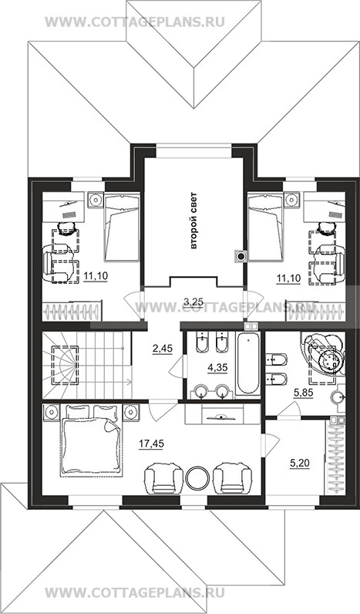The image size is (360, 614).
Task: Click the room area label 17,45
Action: point(151,444)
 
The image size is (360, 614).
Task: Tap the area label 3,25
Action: point(193,301)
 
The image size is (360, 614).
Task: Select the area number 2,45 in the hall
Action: point(163,348)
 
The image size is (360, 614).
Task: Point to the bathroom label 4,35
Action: point(217,367)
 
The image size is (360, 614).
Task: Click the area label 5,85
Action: point(304,393)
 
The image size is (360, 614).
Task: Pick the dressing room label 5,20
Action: point(300,464)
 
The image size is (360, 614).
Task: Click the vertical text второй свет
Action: point(194,221)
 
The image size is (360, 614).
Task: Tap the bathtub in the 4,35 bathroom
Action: point(247,363)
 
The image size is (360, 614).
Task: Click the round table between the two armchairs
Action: point(197,477)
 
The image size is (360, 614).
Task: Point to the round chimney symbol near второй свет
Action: point(241,257)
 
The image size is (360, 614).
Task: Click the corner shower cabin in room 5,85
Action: point(323,353)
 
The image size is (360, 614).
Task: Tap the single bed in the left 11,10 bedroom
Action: point(122,227)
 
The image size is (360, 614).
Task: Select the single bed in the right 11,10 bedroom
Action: point(265,227)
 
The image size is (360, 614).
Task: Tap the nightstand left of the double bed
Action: point(51,412)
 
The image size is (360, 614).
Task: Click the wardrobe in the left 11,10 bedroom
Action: point(72,312)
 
